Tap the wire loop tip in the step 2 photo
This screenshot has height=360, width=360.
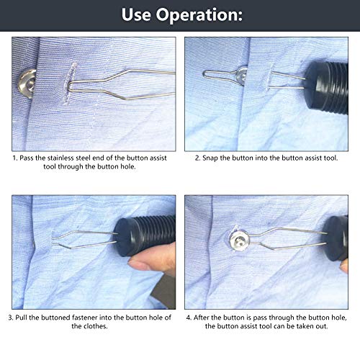(209, 73)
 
